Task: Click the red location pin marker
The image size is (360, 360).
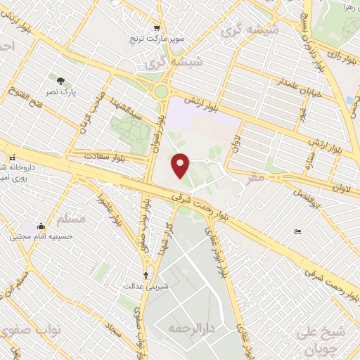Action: (181, 165)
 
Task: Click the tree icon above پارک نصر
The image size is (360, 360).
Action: (59, 79)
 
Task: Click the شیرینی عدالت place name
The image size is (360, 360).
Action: (146, 286)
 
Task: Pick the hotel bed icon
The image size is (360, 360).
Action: (298, 231)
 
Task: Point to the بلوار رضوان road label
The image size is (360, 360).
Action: (161, 131)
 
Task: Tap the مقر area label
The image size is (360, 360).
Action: (257, 179)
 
